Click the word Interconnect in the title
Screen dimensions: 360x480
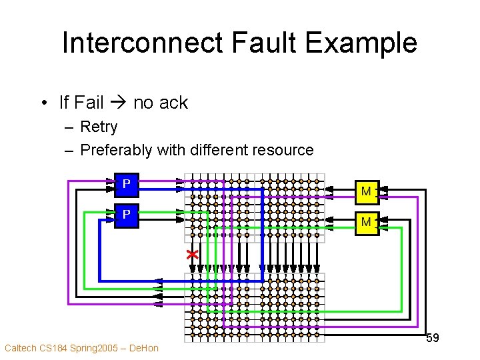click(x=142, y=43)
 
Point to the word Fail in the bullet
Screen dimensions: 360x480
click(x=89, y=103)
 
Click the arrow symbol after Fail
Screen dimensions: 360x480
click(x=119, y=103)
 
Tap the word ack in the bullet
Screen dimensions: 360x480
click(x=173, y=103)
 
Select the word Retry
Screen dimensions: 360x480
click(x=99, y=127)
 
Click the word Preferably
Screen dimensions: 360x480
click(x=116, y=150)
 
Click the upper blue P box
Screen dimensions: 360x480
click(x=127, y=183)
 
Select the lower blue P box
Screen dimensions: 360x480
click(x=127, y=215)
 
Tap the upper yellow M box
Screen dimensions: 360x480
click(x=365, y=191)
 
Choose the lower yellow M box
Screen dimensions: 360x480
click(x=365, y=222)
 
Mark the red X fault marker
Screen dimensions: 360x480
click(x=193, y=255)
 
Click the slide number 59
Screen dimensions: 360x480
click(x=432, y=338)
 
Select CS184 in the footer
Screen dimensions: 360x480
click(x=54, y=348)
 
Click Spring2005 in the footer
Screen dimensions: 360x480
click(x=94, y=348)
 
